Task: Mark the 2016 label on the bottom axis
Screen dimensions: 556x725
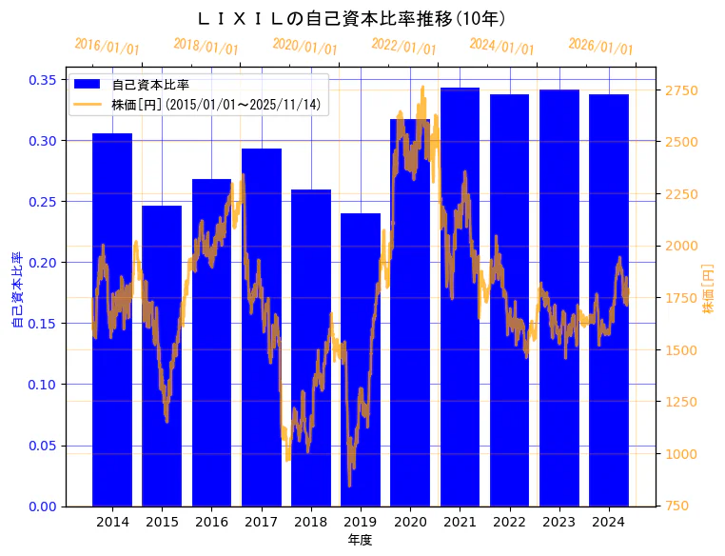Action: point(211,522)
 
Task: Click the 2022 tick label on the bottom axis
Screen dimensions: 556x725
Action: point(509,522)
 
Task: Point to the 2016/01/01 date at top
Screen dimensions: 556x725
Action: point(107,47)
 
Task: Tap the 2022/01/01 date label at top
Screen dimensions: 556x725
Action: point(403,47)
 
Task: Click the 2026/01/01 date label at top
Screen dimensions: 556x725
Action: point(600,47)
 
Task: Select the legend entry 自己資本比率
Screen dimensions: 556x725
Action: point(149,85)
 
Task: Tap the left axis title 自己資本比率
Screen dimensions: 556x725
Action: point(16,290)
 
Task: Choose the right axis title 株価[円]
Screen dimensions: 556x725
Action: point(708,290)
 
